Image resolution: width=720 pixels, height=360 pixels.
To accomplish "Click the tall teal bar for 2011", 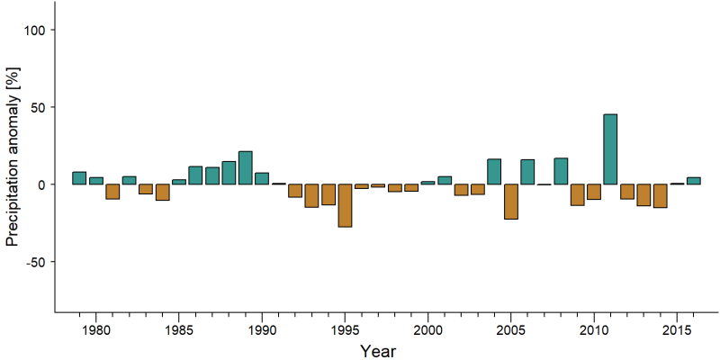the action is coord(610,149).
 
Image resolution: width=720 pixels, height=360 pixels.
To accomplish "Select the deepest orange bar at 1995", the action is coord(345,206).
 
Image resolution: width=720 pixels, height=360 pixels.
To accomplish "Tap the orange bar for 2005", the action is coord(510,202).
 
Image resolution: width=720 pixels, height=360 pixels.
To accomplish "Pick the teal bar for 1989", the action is coord(245,167).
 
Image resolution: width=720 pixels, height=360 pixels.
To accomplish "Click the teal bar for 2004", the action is coord(494,171).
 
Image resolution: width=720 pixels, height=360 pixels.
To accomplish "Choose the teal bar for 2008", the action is coord(561,171).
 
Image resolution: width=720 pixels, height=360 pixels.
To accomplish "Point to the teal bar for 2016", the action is coord(693,181).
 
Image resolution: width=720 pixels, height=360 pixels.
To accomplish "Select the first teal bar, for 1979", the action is coord(79,178).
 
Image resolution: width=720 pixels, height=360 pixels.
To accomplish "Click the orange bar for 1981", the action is coord(112,192).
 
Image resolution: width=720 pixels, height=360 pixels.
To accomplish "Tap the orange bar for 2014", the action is coord(661,196).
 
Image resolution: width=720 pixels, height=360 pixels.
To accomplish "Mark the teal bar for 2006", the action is coord(527,172).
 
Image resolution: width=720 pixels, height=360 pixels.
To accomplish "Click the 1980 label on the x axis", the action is coord(95,330).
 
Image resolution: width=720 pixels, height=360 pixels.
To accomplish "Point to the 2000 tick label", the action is coord(427,330).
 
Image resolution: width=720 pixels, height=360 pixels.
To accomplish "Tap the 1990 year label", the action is coord(262,330).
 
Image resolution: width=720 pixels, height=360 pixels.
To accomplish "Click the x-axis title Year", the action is coord(377,351).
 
